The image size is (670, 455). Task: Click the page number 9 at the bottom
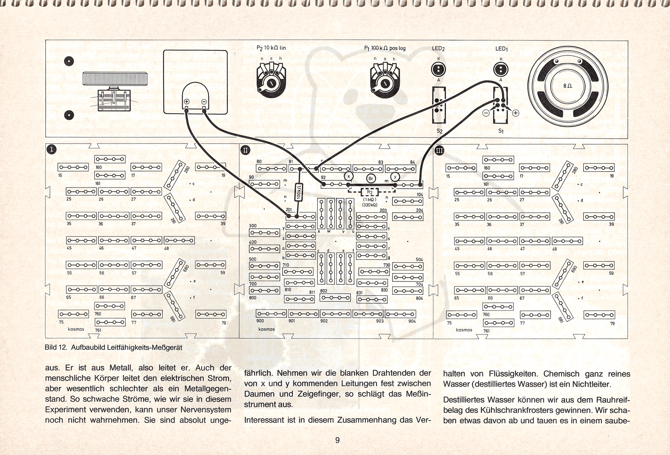pyautogui.click(x=337, y=440)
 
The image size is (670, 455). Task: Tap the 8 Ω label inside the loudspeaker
pyautogui.click(x=568, y=86)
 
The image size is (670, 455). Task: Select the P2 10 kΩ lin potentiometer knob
pyautogui.click(x=270, y=83)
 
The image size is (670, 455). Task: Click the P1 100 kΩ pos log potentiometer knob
pyautogui.click(x=384, y=83)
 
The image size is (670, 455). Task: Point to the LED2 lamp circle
pyautogui.click(x=438, y=69)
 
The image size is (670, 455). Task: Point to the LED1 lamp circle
pyautogui.click(x=501, y=69)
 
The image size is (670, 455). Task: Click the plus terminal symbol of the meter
pyautogui.click(x=187, y=102)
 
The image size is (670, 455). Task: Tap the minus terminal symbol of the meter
pyautogui.click(x=204, y=102)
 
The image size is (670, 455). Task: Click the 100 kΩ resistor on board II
pyautogui.click(x=299, y=192)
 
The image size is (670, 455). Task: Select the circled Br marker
pyautogui.click(x=371, y=179)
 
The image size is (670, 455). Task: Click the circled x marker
pyautogui.click(x=349, y=177)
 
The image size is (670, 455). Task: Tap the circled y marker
pyautogui.click(x=395, y=177)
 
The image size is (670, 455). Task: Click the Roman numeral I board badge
pyautogui.click(x=52, y=149)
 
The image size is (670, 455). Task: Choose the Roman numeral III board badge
pyautogui.click(x=439, y=151)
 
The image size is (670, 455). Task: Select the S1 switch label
pyautogui.click(x=501, y=131)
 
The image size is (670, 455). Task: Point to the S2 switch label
pyautogui.click(x=439, y=131)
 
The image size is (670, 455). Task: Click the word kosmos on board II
pyautogui.click(x=266, y=329)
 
